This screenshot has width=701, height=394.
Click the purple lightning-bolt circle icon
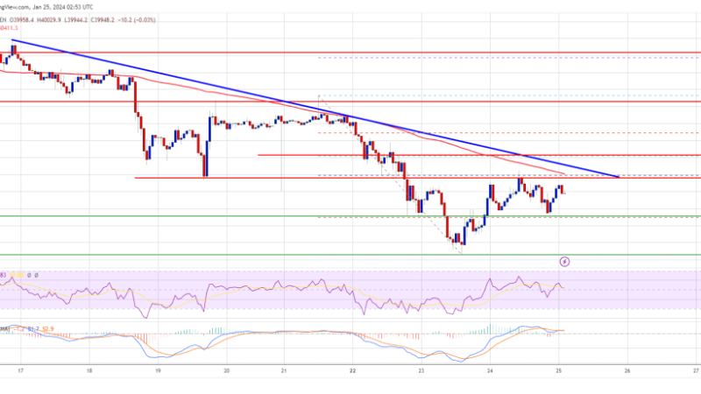click(565, 261)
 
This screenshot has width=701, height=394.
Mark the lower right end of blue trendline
click(619, 177)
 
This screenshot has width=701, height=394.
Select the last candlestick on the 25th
click(562, 191)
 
